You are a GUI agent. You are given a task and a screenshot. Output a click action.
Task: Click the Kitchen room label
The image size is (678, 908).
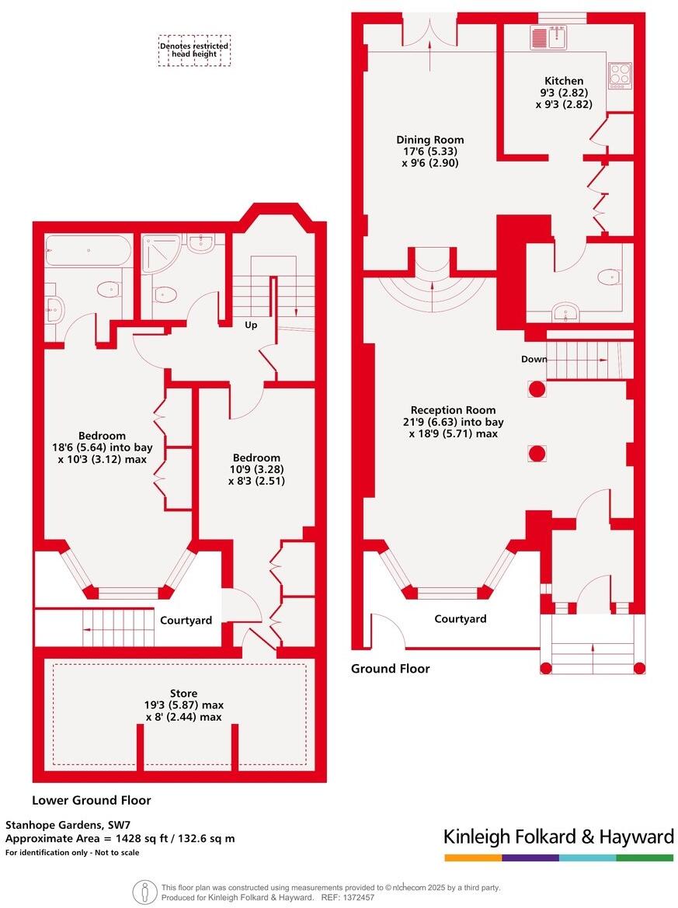pyautogui.click(x=564, y=81)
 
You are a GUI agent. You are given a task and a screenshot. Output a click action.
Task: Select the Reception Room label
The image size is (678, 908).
pyautogui.click(x=453, y=410)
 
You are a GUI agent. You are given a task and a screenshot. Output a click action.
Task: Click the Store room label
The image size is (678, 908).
pyautogui.click(x=183, y=694)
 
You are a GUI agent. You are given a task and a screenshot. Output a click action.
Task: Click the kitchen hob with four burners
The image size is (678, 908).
pyautogui.click(x=619, y=75)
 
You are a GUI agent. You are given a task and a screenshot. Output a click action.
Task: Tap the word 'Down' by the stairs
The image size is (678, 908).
pyautogui.click(x=534, y=360)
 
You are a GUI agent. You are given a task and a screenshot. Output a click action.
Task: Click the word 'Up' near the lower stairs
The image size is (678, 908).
pyautogui.click(x=251, y=325)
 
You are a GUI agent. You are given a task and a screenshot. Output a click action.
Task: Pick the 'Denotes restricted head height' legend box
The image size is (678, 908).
pyautogui.click(x=194, y=50)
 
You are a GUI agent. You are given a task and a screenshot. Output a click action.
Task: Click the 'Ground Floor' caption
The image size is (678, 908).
pyautogui.click(x=390, y=669)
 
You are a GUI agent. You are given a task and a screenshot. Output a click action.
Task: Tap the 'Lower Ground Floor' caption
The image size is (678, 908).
pyautogui.click(x=91, y=800)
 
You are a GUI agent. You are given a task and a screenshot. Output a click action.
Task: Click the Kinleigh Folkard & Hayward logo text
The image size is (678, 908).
pyautogui.click(x=558, y=837)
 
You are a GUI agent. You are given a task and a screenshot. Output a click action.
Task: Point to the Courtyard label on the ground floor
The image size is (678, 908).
pyautogui.click(x=460, y=619)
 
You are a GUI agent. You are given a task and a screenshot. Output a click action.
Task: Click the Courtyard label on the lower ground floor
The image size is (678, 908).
pyautogui.click(x=186, y=621)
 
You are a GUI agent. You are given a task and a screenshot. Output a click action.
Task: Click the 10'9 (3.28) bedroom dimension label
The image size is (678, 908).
pyautogui.click(x=255, y=469)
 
